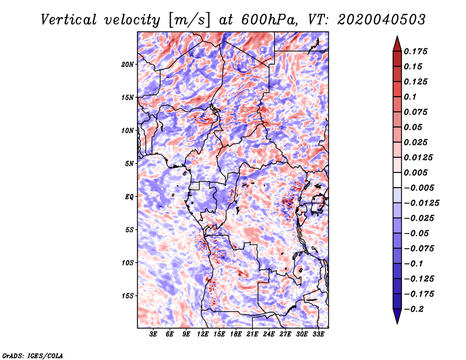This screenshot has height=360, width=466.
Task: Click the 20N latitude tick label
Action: coord(127,65)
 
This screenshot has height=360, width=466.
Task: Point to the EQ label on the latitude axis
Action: coord(129,197)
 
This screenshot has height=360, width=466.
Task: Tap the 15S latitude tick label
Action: coord(128,296)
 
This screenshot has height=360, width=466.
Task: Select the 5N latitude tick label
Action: coord(129,164)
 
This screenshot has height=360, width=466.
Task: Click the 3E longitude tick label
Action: coord(153,334)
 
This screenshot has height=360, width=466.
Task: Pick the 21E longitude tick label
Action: coord(252,334)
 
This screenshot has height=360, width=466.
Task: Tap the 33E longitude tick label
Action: coord(318,334)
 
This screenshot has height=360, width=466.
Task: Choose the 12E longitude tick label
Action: coord(203,334)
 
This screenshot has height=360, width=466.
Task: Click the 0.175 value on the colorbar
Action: coord(415,51)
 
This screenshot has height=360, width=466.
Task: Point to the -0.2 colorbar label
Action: coord(414,309)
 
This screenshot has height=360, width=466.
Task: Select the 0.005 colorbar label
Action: coord(415,172)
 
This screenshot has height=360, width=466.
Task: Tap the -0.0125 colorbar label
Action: coord(421,203)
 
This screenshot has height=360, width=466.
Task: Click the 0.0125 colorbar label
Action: coord(418,157)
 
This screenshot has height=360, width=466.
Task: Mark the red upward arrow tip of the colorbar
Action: coord(397,36)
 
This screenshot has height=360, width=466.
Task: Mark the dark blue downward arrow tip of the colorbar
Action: coord(397,323)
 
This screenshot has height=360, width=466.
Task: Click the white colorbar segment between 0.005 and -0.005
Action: coord(397,180)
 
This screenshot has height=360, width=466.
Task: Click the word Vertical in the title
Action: coord(69,20)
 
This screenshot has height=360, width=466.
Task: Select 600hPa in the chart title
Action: coord(269,20)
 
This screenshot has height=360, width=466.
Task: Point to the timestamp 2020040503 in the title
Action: coord(382,20)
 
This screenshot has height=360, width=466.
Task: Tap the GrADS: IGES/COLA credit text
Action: coord(33,355)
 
